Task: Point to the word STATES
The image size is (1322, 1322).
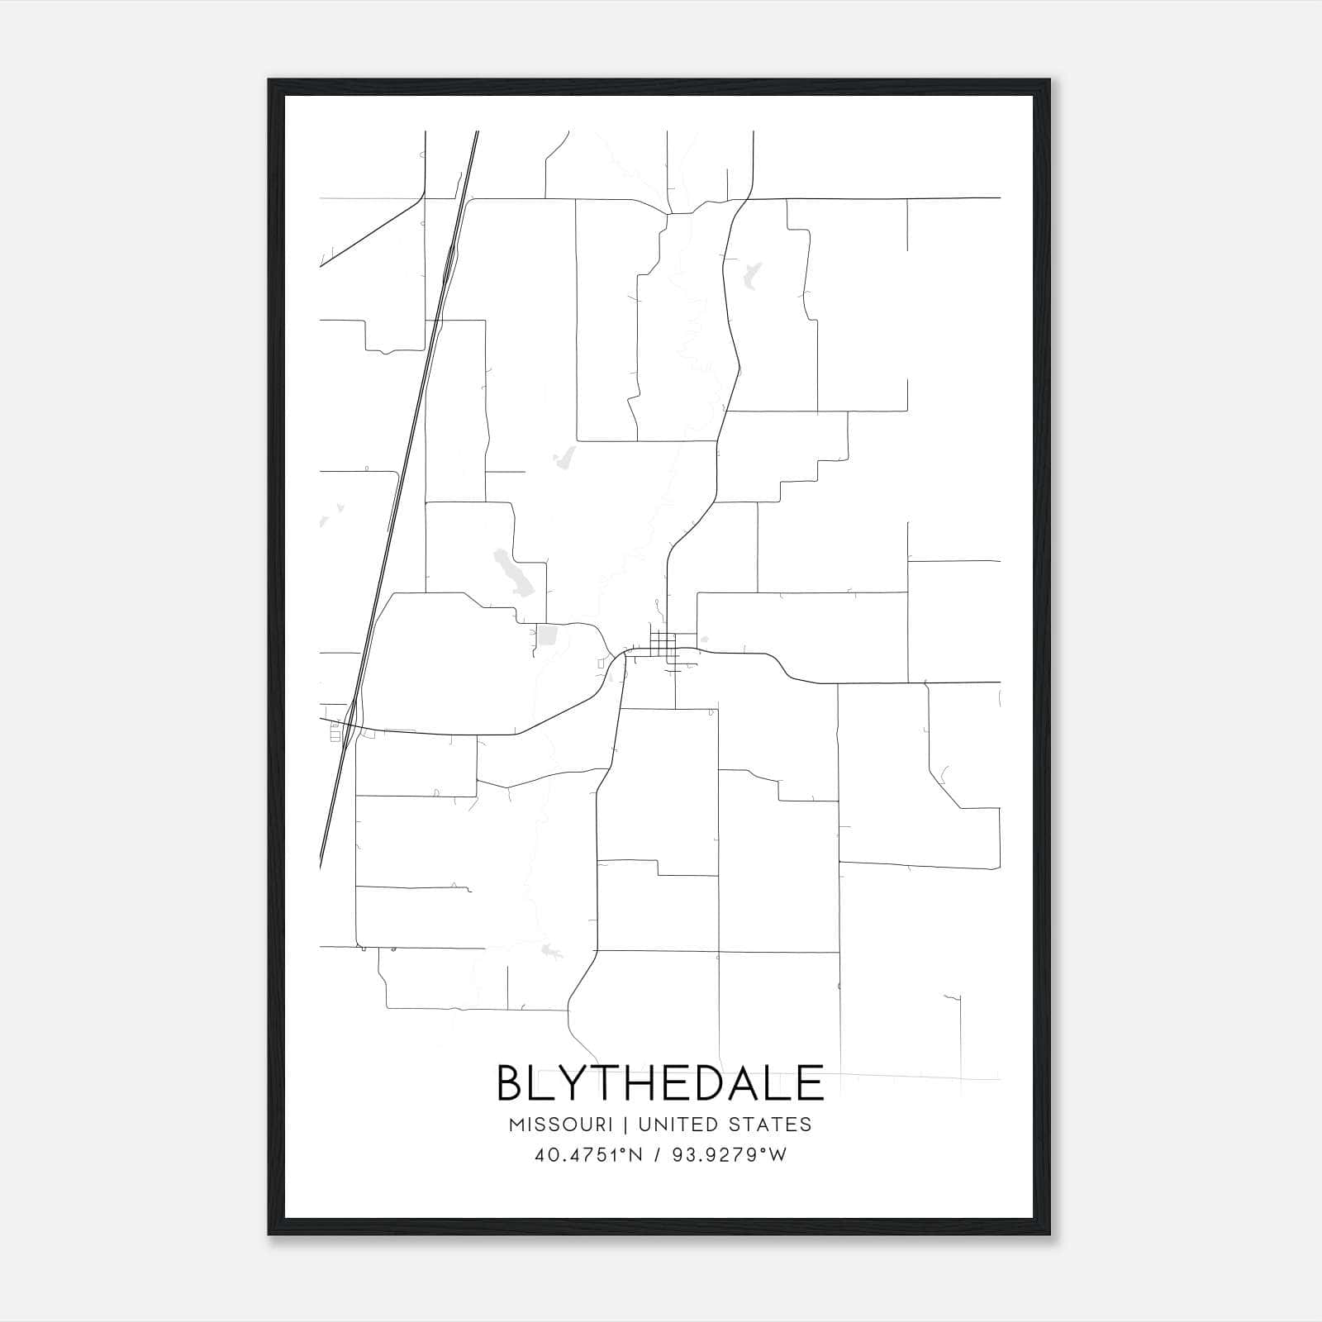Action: tap(770, 1125)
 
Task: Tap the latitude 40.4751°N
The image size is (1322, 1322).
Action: tap(589, 1155)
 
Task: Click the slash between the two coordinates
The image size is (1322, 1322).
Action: tap(659, 1155)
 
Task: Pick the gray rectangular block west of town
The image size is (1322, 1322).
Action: tap(548, 636)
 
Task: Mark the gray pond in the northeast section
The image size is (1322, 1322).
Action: tap(752, 274)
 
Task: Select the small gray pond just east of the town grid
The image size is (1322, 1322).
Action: tap(704, 638)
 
